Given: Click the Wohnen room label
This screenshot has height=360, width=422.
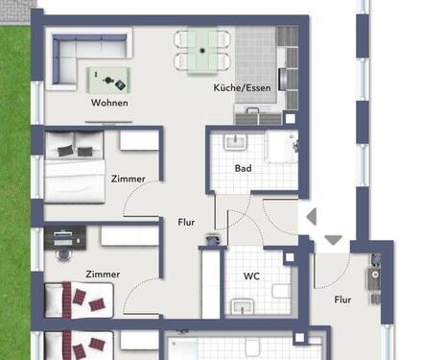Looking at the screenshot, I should coord(109,103).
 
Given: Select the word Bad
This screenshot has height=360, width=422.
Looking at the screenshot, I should coord(244,168).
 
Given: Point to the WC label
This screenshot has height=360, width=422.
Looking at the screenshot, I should coord(251,276).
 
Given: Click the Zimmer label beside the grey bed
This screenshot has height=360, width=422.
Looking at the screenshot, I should coord(128,179).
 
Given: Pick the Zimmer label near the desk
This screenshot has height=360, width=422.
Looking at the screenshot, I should coord(102,274).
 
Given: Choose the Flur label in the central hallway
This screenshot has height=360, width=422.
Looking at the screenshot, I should coord(186,222).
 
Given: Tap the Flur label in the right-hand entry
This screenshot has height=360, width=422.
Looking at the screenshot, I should coord(341,300).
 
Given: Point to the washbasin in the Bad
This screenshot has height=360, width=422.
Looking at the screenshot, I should coord(234,142).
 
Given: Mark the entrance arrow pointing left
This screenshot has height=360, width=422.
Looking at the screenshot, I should coord(309,219).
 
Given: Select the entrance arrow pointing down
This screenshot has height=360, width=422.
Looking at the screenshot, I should coord(334,239).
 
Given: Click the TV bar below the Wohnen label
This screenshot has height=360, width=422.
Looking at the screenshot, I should coord(107,122).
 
